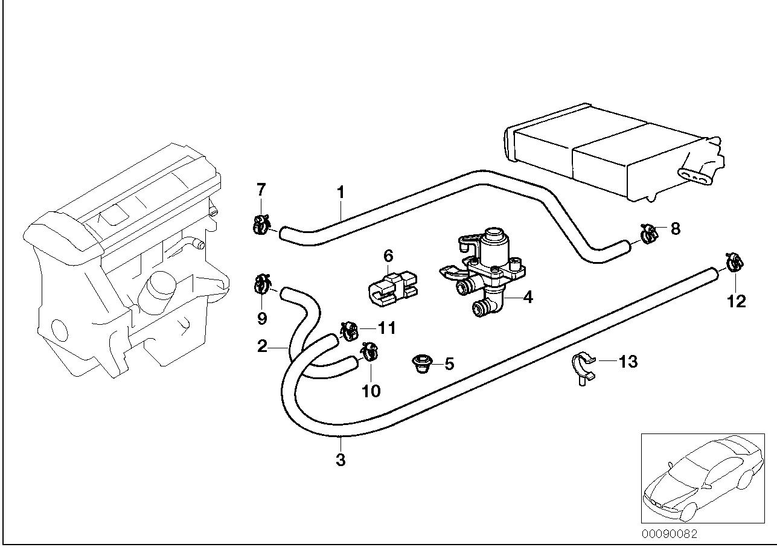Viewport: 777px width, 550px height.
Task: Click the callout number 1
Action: pos(341,193)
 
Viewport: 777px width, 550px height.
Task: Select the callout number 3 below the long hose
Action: pos(341,459)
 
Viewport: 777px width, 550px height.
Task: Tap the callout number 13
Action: pos(628,362)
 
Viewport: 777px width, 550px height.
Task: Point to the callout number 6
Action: pos(388,255)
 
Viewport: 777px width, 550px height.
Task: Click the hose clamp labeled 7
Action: pos(260,225)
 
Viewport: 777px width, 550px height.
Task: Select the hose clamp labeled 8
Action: pos(648,233)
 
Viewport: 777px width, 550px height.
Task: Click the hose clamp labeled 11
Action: pos(349,331)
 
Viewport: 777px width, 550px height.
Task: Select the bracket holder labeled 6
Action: pos(391,286)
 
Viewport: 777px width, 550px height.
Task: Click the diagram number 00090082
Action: pos(669,534)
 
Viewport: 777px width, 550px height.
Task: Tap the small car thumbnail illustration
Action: pos(700,477)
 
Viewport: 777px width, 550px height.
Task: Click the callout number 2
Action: pos(262,347)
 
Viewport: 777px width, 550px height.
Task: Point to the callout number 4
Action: pos(527,297)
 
